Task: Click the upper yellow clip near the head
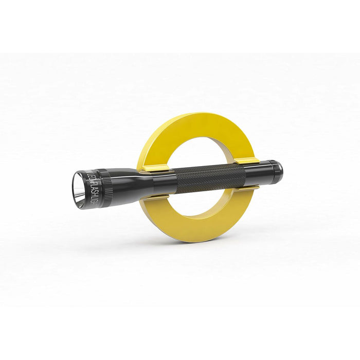point(154,168)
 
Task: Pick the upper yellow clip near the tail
point(247,161)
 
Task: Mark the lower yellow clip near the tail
point(246,188)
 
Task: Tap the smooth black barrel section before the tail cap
point(257,172)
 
